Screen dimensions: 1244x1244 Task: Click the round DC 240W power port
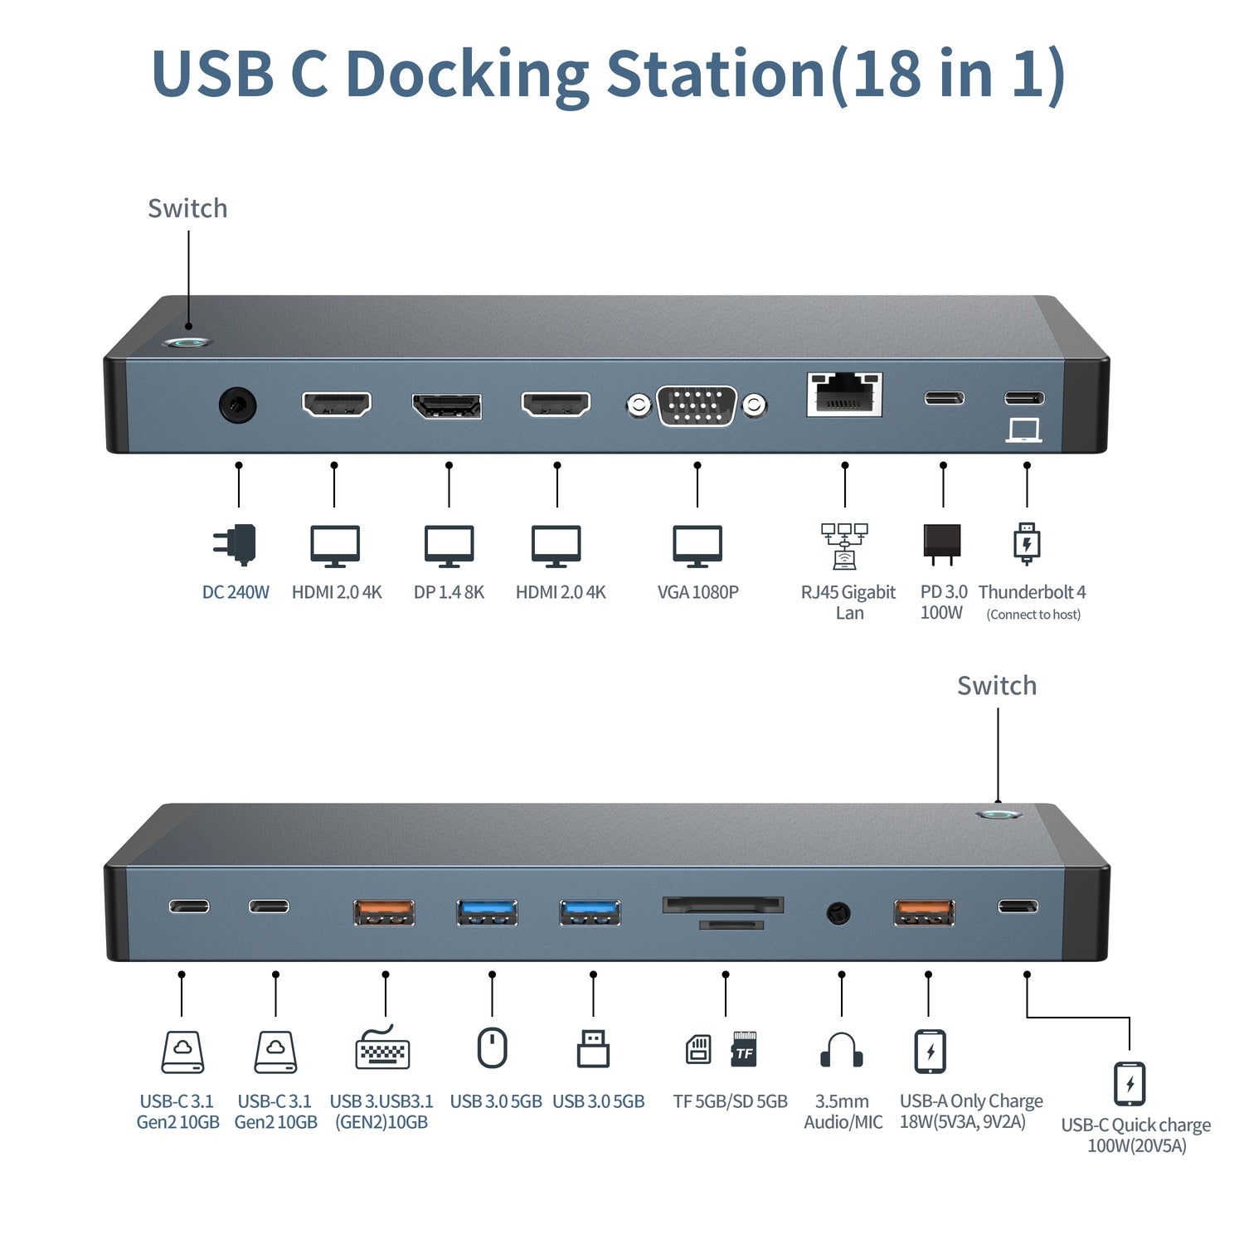click(x=237, y=406)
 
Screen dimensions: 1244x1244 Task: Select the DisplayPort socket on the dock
click(x=447, y=406)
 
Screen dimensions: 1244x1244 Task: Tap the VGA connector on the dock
click(x=697, y=406)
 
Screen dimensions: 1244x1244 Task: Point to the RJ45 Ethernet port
click(x=844, y=395)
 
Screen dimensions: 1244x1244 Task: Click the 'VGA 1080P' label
click(x=697, y=592)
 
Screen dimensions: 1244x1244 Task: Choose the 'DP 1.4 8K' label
click(x=449, y=592)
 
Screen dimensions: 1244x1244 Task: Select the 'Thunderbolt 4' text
click(x=1032, y=592)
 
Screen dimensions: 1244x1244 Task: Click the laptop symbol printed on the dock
click(x=1023, y=430)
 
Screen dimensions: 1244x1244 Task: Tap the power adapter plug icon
click(x=236, y=545)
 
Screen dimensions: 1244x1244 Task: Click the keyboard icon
click(x=382, y=1049)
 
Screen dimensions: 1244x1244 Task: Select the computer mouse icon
click(x=492, y=1048)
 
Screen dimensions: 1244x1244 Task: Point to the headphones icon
click(x=841, y=1050)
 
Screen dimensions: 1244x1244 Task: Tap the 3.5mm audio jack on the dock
click(x=838, y=914)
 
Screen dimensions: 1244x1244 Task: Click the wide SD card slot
click(x=722, y=904)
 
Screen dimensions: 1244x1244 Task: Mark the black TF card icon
click(x=744, y=1049)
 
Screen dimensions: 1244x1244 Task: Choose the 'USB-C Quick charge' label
click(x=1135, y=1125)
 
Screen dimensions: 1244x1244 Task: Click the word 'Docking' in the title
click(x=467, y=75)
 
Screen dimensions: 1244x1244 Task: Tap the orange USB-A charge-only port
click(x=924, y=911)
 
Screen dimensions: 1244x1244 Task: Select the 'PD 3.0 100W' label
click(x=943, y=602)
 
